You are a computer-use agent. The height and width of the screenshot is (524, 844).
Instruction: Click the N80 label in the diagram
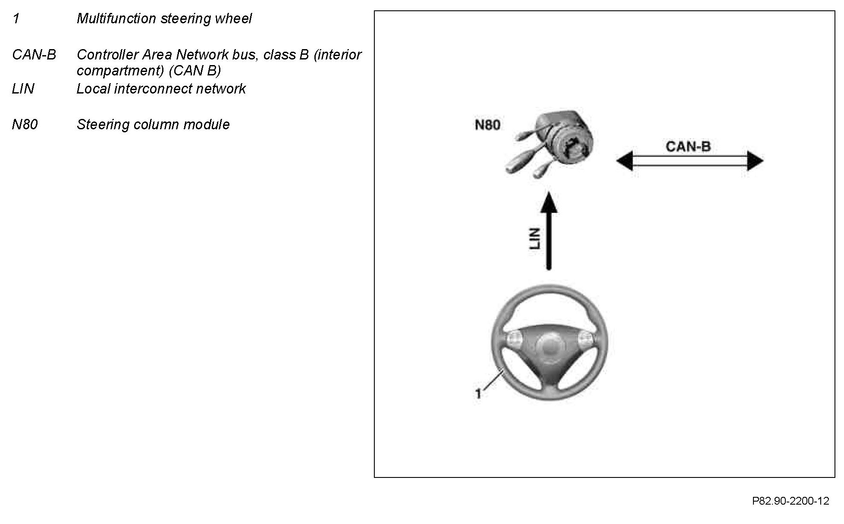pos(487,125)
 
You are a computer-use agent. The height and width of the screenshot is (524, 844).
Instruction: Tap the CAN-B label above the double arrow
pos(688,147)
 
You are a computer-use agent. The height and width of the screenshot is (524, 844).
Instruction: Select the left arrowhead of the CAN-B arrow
pos(624,161)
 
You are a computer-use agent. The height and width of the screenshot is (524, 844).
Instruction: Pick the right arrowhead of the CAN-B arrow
pos(755,161)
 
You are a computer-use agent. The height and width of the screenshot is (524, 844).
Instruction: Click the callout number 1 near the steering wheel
pos(478,393)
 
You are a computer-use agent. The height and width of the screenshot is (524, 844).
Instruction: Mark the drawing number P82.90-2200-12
pos(791,501)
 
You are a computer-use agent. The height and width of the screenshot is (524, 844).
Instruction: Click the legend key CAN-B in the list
pos(34,55)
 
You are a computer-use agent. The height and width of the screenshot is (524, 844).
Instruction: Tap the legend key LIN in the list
pos(23,89)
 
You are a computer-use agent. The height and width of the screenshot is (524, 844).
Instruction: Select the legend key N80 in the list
pos(25,125)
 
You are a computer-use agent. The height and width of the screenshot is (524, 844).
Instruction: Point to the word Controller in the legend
pos(107,55)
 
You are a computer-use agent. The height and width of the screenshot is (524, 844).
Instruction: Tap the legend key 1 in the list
pos(16,19)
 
